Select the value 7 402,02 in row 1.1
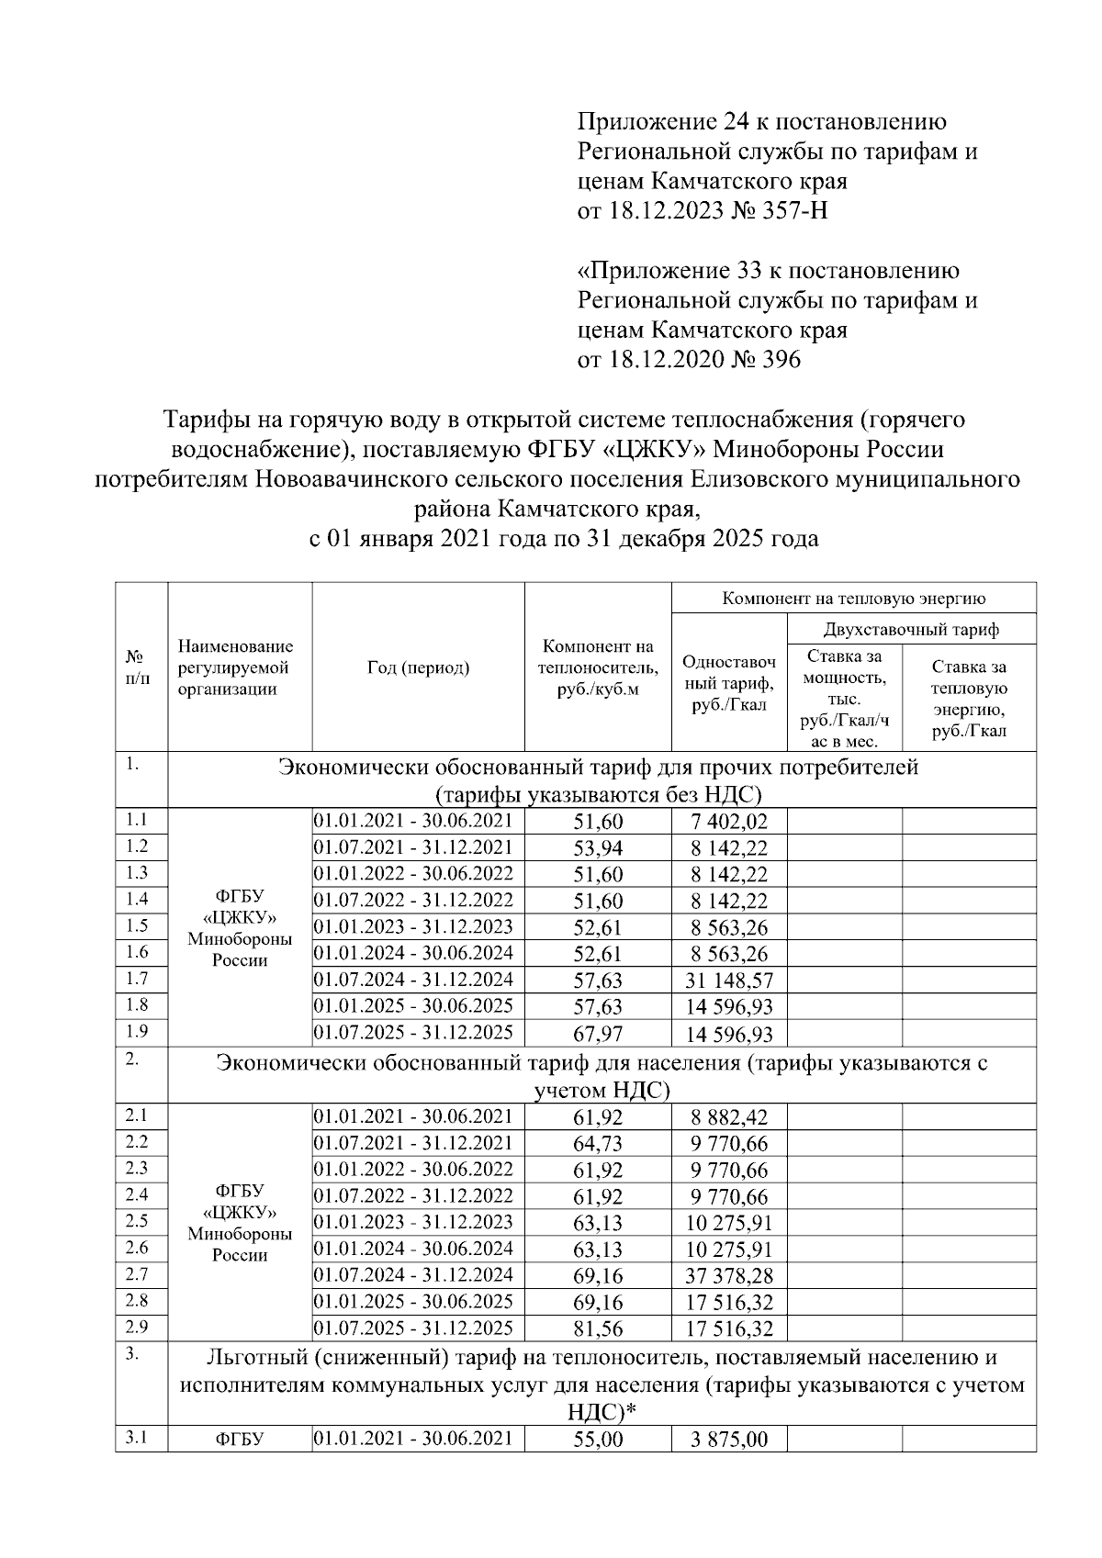[x=729, y=822]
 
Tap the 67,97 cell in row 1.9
[x=598, y=1035]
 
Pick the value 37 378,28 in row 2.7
[x=729, y=1276]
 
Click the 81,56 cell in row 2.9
[x=598, y=1329]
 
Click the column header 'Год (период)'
[x=418, y=667]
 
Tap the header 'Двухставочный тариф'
[x=911, y=629]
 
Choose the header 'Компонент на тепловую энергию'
[x=854, y=599]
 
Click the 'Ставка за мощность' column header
[x=844, y=698]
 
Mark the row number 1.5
[x=137, y=925]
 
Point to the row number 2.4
[x=137, y=1194]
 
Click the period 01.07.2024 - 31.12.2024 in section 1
[x=413, y=979]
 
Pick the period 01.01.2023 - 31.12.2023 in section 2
[x=413, y=1222]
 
